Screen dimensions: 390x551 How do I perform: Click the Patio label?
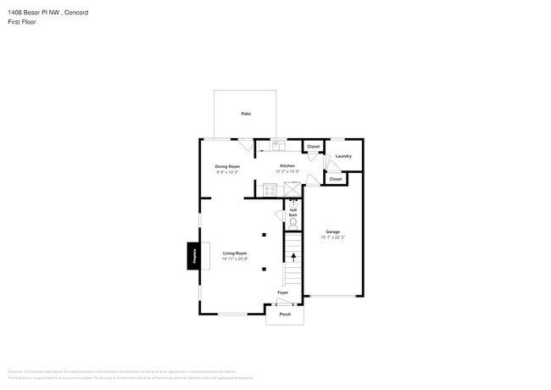246,113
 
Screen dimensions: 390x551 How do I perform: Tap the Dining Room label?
227,166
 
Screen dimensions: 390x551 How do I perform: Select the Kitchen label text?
287,165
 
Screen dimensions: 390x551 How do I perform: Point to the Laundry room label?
343,156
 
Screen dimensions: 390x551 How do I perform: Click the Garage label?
333,231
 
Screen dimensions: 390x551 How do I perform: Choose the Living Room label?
235,253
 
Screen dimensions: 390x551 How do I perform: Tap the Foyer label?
283,292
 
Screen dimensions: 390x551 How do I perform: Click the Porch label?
285,315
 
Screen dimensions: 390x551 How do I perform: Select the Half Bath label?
293,213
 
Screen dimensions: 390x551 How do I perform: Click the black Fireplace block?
192,256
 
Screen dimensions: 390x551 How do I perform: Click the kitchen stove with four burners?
270,190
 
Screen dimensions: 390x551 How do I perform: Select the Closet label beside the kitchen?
314,147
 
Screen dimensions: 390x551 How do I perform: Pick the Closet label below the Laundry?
336,179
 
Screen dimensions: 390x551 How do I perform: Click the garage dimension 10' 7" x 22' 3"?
333,237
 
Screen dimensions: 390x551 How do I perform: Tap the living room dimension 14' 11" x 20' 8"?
235,259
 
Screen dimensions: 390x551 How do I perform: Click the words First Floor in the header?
21,22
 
